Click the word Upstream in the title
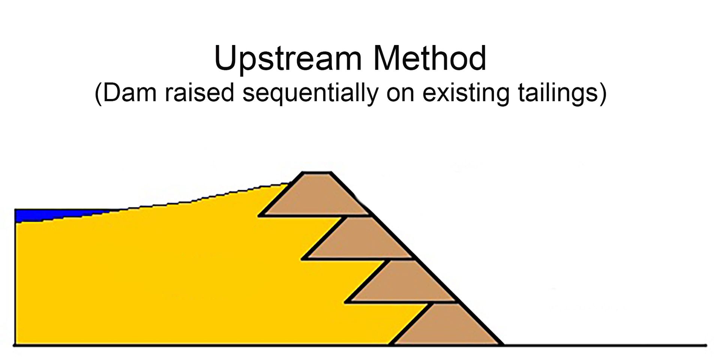pyautogui.click(x=288, y=59)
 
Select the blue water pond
pyautogui.click(x=45, y=215)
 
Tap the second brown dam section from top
pyautogui.click(x=360, y=240)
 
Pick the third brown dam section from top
pyautogui.click(x=403, y=283)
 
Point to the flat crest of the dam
pyautogui.click(x=316, y=173)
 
